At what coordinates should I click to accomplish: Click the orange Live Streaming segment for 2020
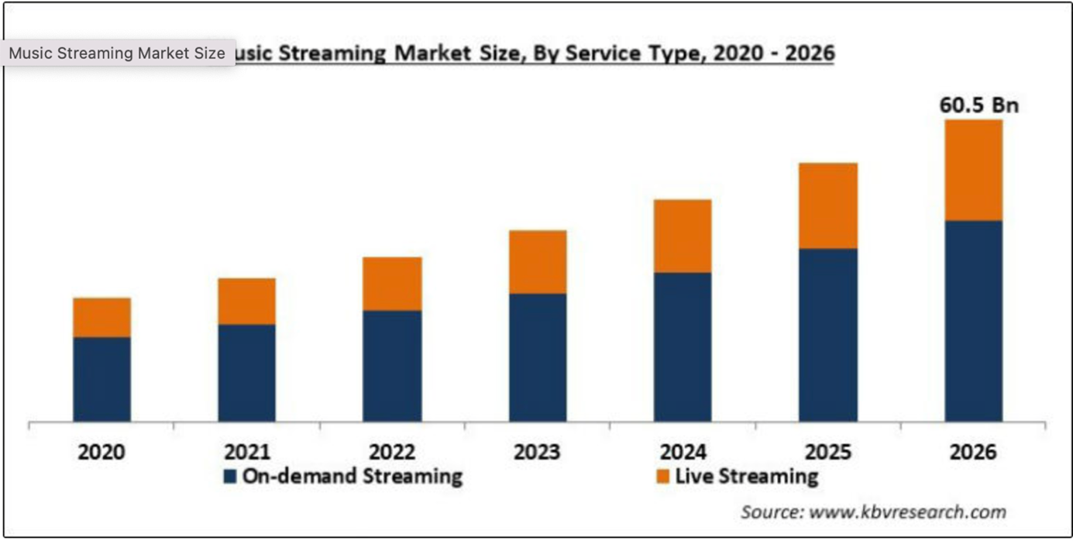(x=101, y=317)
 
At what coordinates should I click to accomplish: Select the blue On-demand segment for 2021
(x=246, y=373)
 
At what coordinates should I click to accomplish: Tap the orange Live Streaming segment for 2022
(x=392, y=284)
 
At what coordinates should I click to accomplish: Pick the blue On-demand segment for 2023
(x=538, y=357)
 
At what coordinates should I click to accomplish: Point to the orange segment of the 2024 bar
(x=683, y=236)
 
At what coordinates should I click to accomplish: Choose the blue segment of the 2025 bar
(x=828, y=335)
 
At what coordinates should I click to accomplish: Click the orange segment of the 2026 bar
(x=973, y=170)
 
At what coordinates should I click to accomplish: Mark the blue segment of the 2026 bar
(x=973, y=321)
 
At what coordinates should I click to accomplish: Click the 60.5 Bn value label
(x=979, y=105)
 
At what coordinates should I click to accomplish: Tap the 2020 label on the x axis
(x=101, y=451)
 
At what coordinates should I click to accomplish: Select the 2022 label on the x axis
(x=392, y=451)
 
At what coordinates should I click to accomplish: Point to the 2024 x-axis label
(x=683, y=451)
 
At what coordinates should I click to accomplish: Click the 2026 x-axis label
(x=973, y=451)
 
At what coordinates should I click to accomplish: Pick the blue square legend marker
(x=229, y=476)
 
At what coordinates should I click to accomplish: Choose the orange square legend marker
(x=662, y=476)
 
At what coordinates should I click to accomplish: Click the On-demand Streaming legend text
(x=352, y=476)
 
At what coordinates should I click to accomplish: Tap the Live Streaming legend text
(x=746, y=476)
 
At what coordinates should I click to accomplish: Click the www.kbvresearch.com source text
(x=907, y=512)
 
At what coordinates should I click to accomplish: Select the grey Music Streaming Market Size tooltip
(x=117, y=53)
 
